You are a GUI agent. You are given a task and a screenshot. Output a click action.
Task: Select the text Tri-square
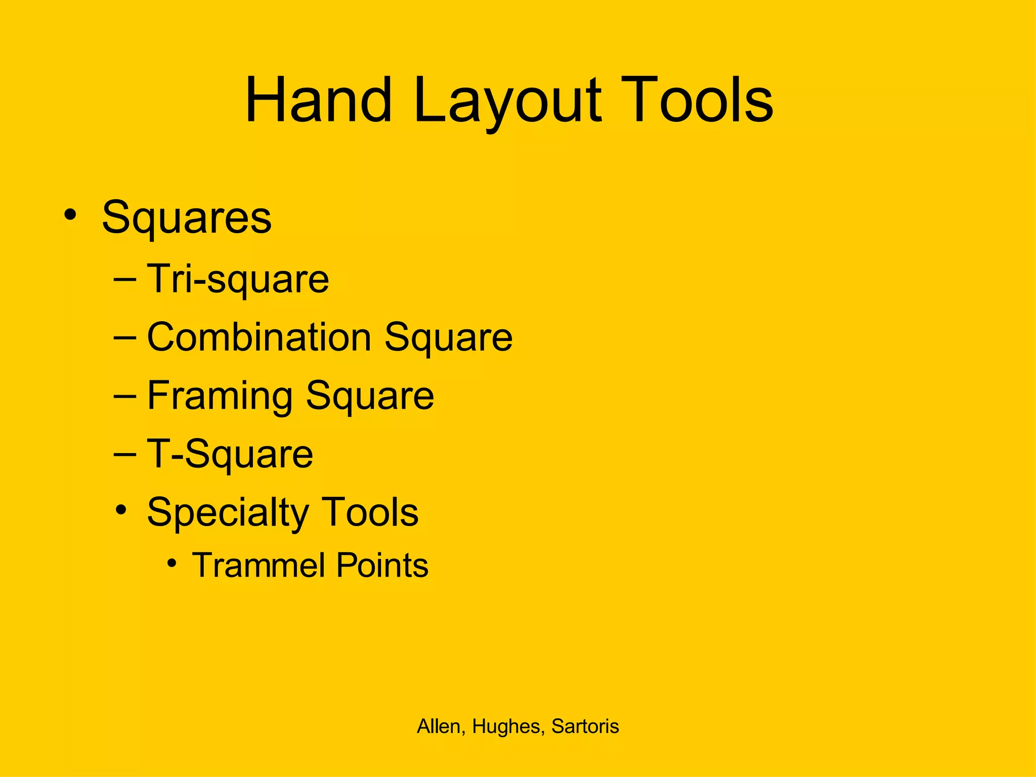[x=238, y=280]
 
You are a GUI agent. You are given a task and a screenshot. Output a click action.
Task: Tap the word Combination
[x=259, y=337]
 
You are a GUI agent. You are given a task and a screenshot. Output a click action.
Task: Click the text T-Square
[x=230, y=455]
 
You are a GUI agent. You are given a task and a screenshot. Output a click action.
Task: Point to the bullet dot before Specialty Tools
[x=120, y=510]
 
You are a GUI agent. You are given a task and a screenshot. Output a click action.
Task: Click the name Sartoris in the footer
[x=585, y=726]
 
